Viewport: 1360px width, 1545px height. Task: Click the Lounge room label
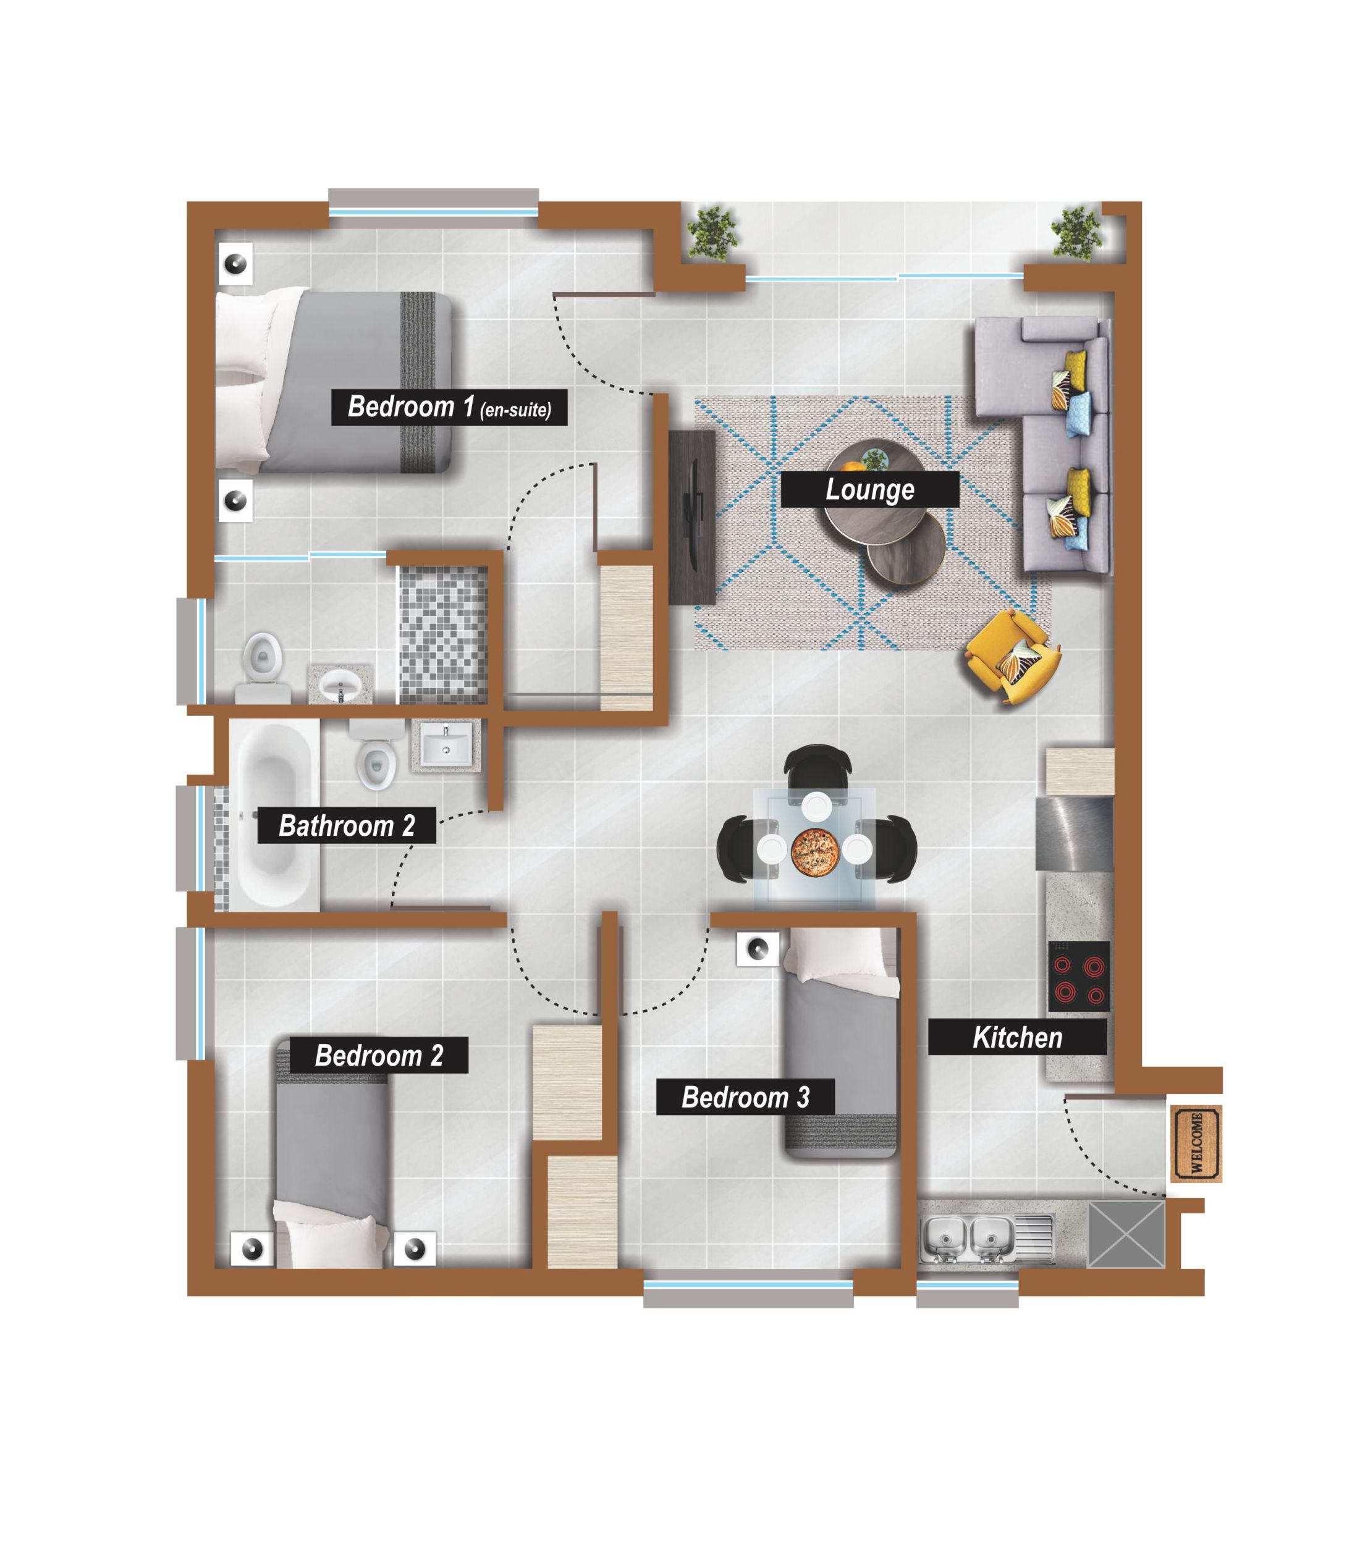[x=869, y=489]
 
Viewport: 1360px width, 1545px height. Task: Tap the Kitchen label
[x=1017, y=1037]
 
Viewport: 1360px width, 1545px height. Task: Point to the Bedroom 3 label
[x=745, y=1096]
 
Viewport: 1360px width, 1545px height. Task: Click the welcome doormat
[x=1196, y=1143]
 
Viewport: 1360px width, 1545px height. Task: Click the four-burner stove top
[x=1078, y=976]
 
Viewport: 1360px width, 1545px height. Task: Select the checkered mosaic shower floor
[x=443, y=636]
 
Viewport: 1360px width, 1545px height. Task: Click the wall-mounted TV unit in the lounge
[x=691, y=517]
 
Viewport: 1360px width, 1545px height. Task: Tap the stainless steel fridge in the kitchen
[x=1073, y=835]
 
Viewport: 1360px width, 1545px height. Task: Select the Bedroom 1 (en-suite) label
[x=449, y=408]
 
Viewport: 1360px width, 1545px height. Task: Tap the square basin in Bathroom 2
[x=446, y=744]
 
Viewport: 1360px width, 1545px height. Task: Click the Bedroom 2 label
[x=378, y=1055]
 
